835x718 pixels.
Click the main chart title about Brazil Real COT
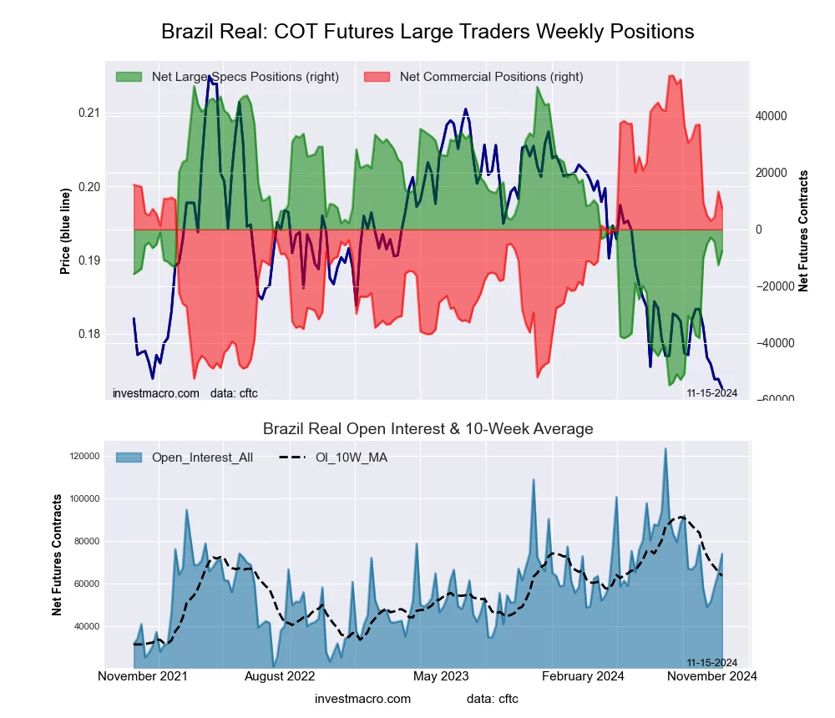click(x=428, y=32)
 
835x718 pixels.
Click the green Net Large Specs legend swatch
click(x=129, y=77)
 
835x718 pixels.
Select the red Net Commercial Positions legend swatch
click(x=377, y=77)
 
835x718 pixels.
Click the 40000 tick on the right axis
click(x=772, y=116)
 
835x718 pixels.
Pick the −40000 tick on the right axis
click(x=772, y=343)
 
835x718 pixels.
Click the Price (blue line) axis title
click(x=65, y=231)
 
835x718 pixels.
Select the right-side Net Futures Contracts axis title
click(x=803, y=231)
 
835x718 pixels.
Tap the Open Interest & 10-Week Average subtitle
click(x=428, y=429)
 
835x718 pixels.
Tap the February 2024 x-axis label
click(x=584, y=676)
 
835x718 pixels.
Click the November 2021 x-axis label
click(x=142, y=676)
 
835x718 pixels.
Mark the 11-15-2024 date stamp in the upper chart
click(x=711, y=393)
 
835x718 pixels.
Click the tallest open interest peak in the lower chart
click(x=665, y=449)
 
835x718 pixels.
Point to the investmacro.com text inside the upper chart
click(x=155, y=393)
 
